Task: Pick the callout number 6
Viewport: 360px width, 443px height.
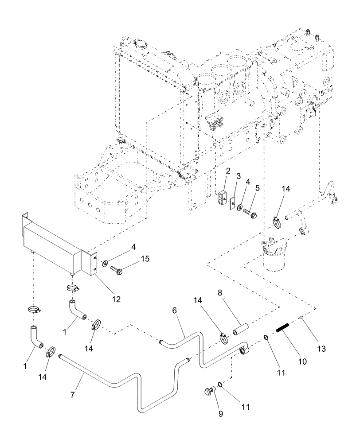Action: coord(175,311)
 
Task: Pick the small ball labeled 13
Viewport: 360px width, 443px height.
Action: coord(301,317)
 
